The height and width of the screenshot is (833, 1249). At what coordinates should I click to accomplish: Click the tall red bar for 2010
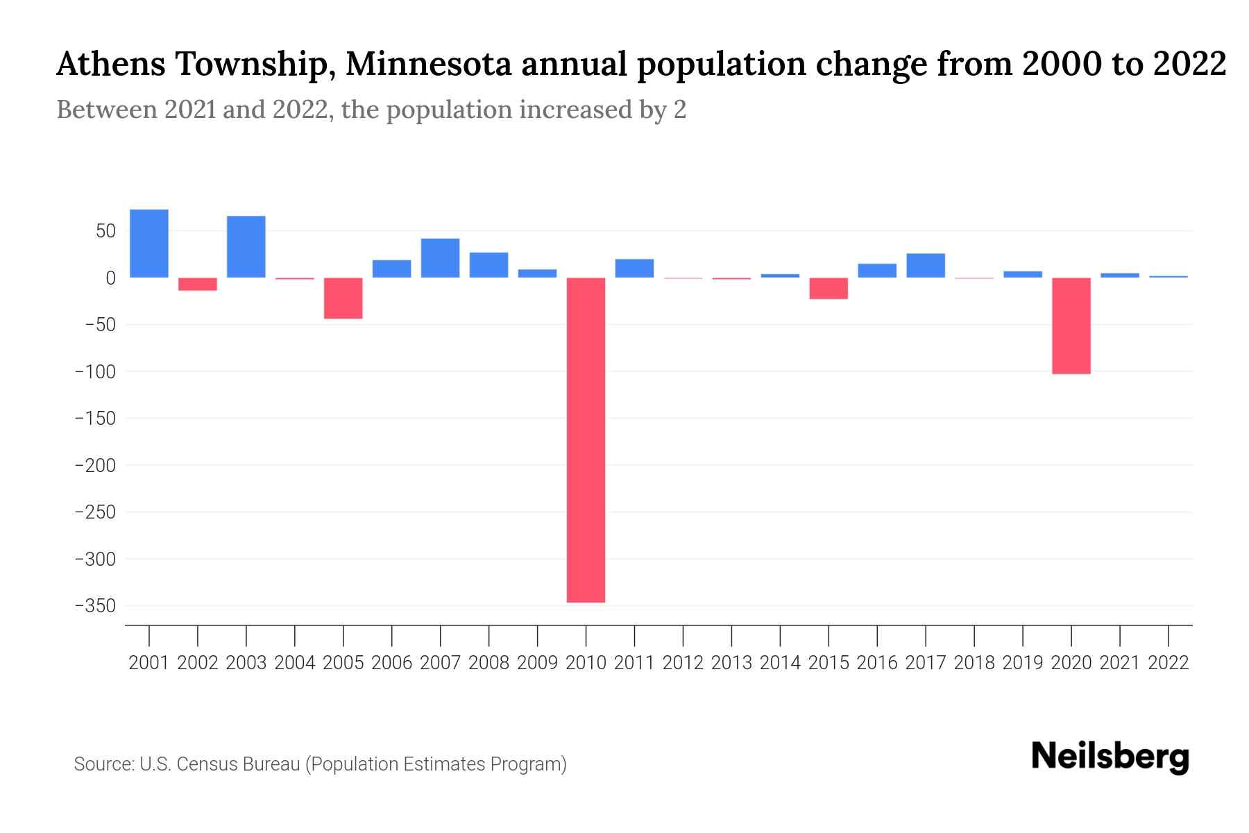click(586, 439)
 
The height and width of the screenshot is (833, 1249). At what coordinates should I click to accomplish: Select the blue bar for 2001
click(149, 244)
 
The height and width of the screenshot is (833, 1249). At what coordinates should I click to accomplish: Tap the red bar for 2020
click(1071, 326)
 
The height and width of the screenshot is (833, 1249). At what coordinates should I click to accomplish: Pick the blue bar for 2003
click(246, 247)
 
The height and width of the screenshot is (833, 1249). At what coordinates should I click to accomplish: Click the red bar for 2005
click(343, 298)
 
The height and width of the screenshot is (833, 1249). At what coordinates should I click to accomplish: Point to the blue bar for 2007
click(440, 258)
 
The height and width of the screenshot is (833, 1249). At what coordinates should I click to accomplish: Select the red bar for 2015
click(829, 288)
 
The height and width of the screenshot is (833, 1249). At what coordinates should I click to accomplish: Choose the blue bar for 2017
click(925, 266)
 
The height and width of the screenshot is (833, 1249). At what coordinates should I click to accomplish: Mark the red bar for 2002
click(198, 284)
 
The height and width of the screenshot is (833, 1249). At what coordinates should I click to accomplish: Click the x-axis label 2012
click(683, 663)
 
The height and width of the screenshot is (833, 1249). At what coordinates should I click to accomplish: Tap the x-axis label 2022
click(1169, 663)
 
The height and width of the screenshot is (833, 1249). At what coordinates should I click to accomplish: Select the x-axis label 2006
click(392, 663)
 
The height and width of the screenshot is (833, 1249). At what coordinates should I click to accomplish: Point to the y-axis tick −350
click(95, 606)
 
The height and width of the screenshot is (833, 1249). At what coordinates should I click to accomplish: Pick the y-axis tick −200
click(95, 465)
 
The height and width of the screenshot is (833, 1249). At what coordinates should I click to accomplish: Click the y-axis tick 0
click(110, 278)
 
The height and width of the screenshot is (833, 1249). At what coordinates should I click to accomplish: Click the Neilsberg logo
click(1110, 757)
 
